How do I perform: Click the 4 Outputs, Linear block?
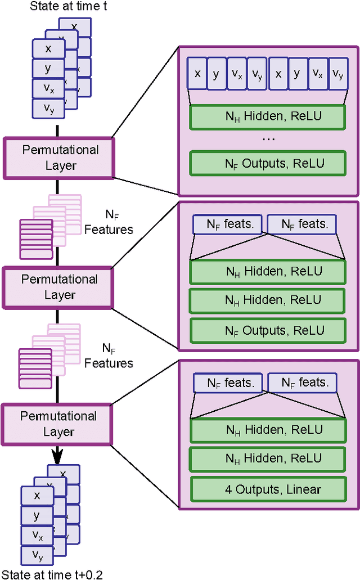tap(268, 489)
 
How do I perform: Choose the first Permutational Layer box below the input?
tap(59, 158)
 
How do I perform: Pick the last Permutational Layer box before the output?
tap(58, 424)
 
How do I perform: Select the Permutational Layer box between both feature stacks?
tap(58, 286)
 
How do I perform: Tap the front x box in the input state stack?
tap(48, 49)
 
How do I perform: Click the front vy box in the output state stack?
tap(37, 556)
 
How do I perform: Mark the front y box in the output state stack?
tap(37, 515)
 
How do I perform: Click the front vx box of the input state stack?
tap(48, 88)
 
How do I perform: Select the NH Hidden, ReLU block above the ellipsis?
tap(267, 117)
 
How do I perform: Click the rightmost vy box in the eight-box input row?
tap(337, 74)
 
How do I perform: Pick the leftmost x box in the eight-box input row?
tap(197, 74)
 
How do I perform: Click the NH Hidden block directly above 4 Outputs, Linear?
tap(268, 459)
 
